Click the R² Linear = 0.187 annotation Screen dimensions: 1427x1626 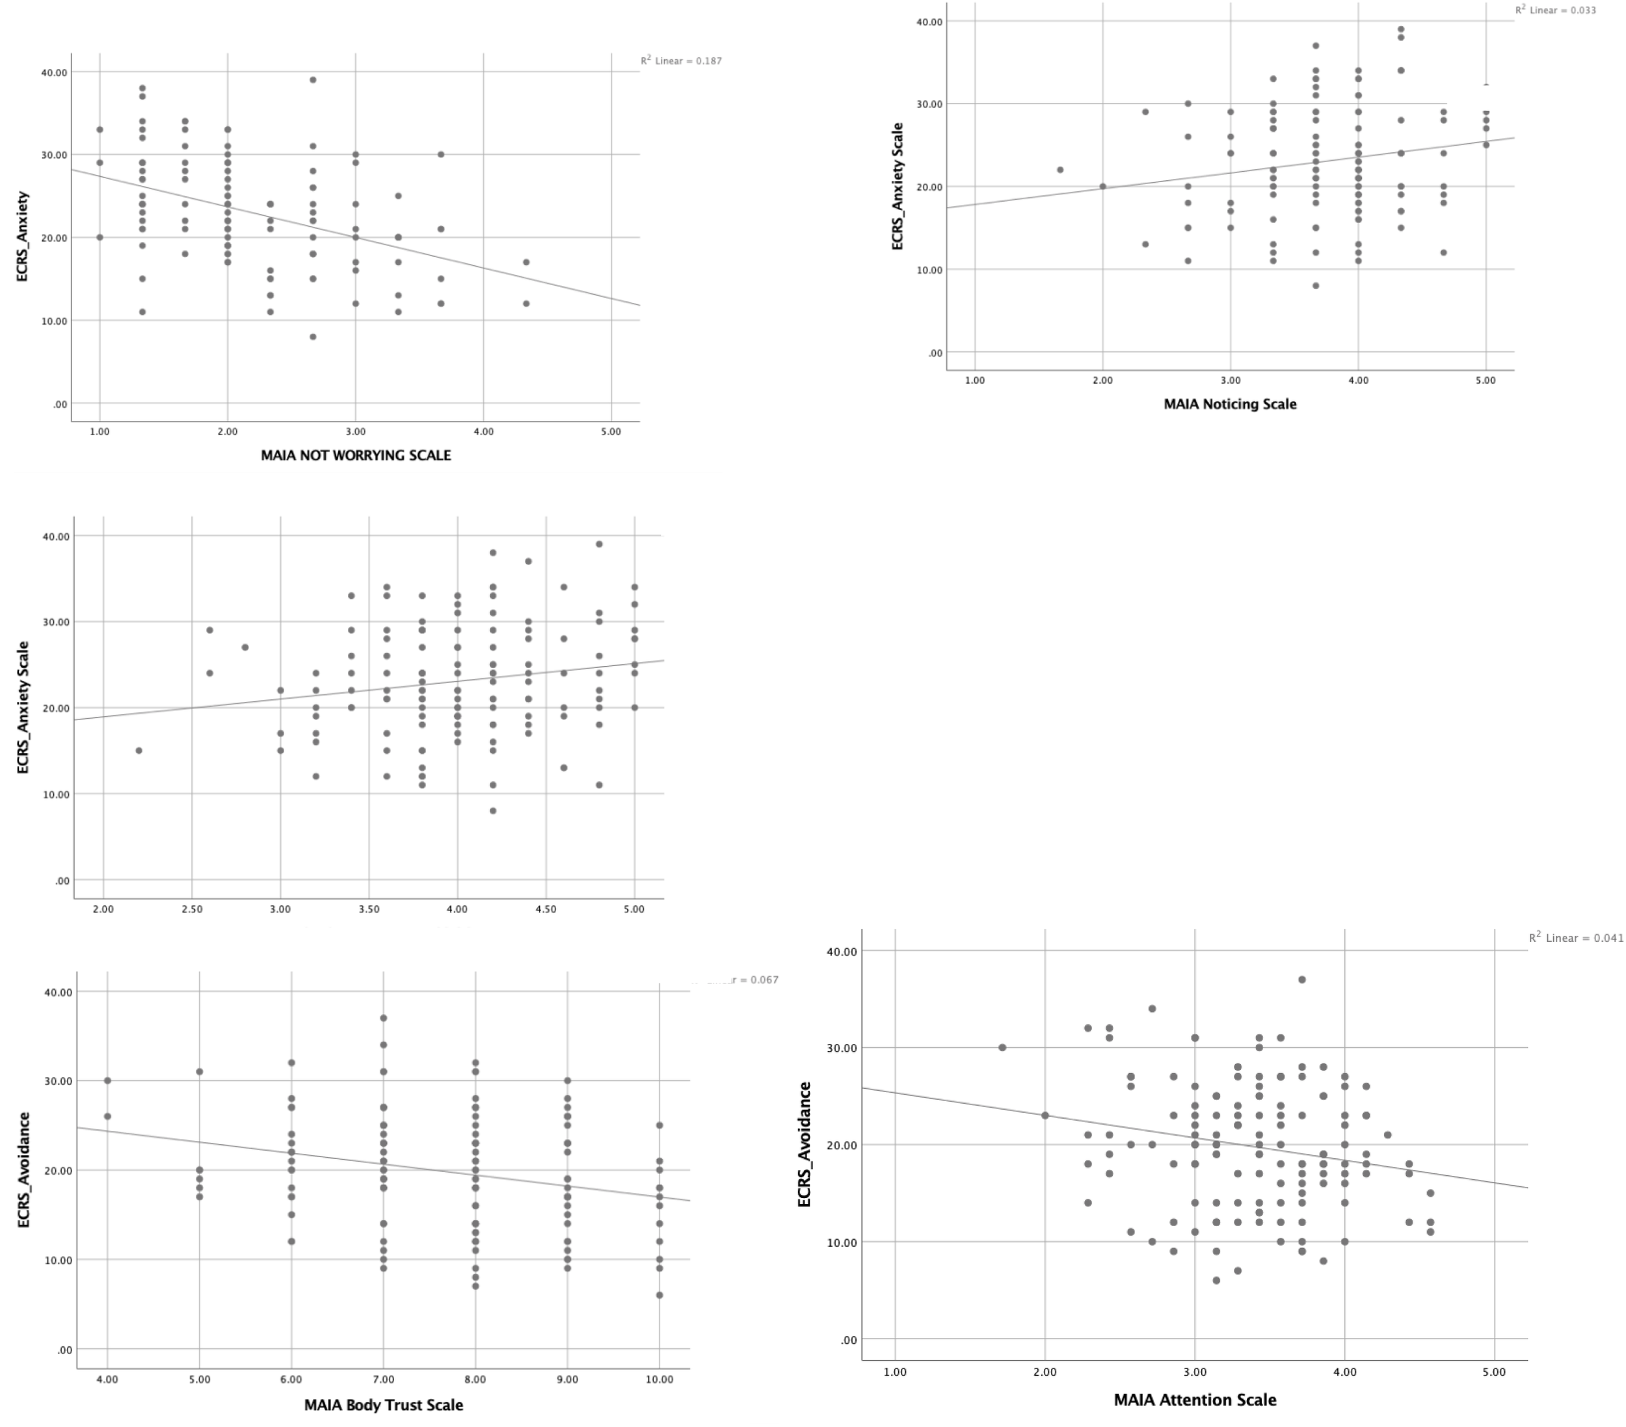[x=681, y=60]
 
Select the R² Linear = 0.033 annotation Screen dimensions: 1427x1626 [x=1555, y=10]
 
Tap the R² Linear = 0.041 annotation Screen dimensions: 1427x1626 [x=1576, y=938]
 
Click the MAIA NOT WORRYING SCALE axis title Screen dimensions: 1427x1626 [x=356, y=455]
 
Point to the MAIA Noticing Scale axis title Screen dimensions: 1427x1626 [x=1230, y=404]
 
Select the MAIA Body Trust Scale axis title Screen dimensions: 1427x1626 [x=384, y=1405]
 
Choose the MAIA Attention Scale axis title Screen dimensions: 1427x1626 [x=1195, y=1400]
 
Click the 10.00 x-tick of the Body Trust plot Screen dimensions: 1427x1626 [x=660, y=1380]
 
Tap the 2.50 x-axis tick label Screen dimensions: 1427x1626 [x=192, y=909]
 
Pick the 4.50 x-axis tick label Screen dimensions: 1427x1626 [x=546, y=909]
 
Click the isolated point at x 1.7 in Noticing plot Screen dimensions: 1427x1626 [x=1060, y=169]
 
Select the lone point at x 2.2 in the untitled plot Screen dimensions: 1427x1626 [x=139, y=750]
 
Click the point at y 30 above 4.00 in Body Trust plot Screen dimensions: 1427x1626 [x=107, y=1080]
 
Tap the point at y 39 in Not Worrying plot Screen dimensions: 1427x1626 [x=313, y=79]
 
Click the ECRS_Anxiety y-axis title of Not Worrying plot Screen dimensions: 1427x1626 [x=23, y=236]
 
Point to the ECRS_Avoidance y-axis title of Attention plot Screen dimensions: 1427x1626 [x=805, y=1144]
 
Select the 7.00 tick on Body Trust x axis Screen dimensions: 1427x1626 [x=384, y=1380]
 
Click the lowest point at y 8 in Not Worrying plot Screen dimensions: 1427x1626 [x=313, y=336]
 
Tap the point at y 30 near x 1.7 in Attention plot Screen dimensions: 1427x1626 [x=1002, y=1048]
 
